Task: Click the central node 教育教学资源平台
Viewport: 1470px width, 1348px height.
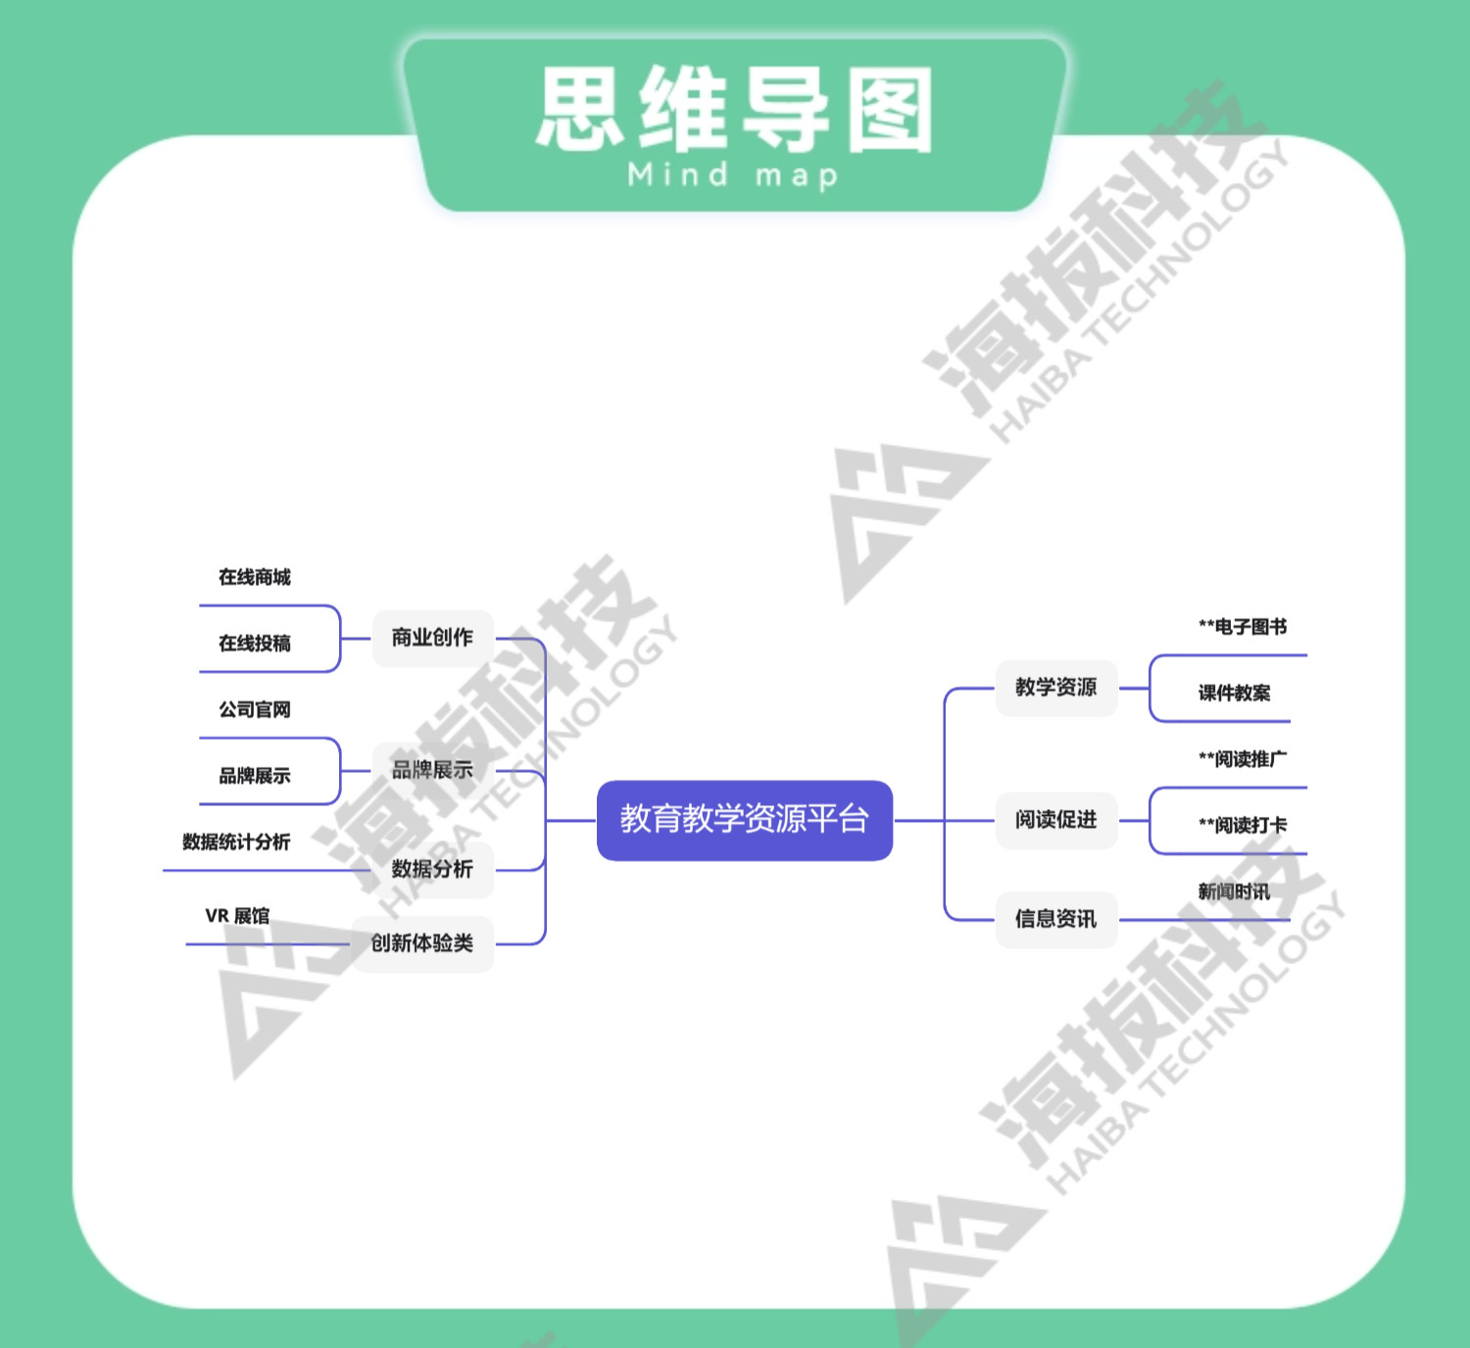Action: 744,820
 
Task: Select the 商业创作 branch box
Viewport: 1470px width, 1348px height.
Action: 432,638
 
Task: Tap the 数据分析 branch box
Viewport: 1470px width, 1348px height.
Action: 432,869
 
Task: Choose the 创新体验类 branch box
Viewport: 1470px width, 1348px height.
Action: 422,943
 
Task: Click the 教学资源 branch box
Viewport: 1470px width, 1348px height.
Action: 1055,688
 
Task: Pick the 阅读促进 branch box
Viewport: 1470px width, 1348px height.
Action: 1055,820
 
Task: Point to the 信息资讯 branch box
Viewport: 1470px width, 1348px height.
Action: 1055,919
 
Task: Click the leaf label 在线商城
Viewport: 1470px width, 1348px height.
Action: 255,577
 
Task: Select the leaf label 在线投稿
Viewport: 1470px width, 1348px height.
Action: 255,644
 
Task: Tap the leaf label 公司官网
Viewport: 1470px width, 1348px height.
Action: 255,709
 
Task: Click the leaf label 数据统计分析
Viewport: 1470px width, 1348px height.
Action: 236,842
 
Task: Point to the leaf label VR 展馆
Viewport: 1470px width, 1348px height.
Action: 237,916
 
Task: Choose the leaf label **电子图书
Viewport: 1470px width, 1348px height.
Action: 1242,627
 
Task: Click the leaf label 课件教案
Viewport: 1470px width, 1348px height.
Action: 1234,694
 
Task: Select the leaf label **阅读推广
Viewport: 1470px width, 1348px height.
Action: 1242,759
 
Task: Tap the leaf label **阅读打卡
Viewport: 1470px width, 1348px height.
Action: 1242,826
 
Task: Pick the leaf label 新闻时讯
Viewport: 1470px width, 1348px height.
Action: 1234,891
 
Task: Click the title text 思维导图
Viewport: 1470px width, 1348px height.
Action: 735,110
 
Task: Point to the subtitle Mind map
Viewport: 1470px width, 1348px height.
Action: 733,176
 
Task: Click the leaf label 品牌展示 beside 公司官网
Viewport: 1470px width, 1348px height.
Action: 255,776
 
